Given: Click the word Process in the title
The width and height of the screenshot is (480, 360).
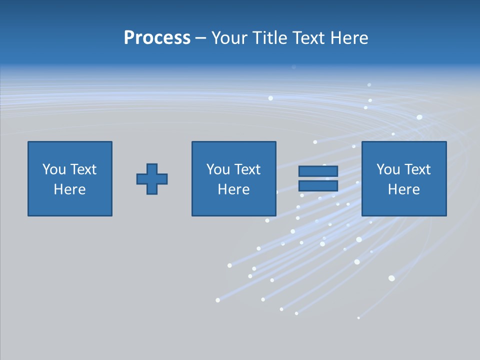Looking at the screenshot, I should [x=157, y=38].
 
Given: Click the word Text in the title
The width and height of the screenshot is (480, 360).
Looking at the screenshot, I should [x=306, y=38].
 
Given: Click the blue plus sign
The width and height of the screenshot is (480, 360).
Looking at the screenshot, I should [x=152, y=179].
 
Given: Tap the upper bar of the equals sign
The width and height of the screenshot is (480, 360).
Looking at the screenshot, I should [x=318, y=171].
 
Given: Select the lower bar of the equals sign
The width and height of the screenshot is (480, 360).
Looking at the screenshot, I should [x=318, y=186].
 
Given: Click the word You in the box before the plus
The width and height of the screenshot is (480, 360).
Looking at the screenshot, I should [x=54, y=169].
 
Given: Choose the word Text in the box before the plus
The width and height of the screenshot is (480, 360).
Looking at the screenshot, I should [x=82, y=169].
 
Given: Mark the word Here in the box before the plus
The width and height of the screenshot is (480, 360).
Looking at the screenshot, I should [x=70, y=189].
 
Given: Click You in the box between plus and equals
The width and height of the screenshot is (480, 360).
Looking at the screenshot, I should [x=218, y=169].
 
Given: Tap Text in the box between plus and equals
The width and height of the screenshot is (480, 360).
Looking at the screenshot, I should [x=246, y=169].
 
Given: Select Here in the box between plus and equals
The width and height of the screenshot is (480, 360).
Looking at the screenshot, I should [x=234, y=189].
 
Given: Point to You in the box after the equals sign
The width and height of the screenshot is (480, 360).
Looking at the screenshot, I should [x=388, y=169].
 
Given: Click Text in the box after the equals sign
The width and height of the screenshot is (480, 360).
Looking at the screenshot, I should [x=416, y=169].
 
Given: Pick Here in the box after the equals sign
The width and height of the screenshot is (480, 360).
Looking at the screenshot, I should [x=404, y=189].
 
